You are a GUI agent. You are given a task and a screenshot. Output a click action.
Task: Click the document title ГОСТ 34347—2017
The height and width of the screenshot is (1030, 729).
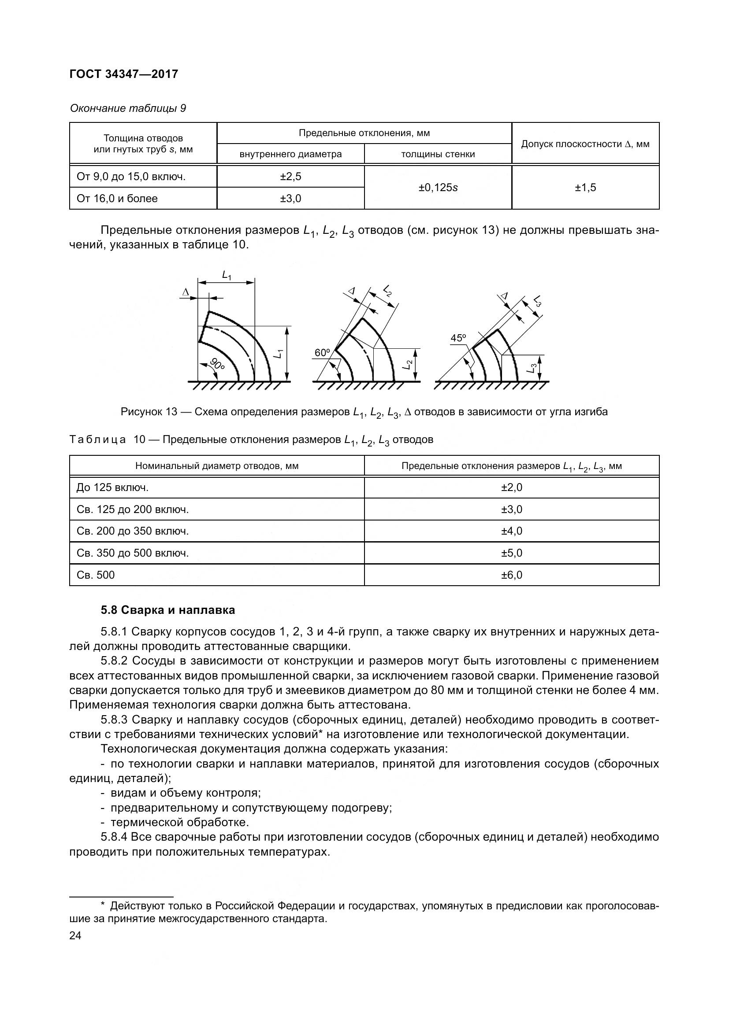pyautogui.click(x=124, y=74)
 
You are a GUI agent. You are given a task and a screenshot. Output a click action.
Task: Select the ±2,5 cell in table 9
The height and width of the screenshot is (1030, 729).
pyautogui.click(x=290, y=176)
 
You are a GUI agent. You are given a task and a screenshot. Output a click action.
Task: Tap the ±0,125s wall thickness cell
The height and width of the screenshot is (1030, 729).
pyautogui.click(x=438, y=188)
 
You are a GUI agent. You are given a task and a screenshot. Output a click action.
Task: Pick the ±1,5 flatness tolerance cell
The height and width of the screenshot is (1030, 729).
pyautogui.click(x=585, y=188)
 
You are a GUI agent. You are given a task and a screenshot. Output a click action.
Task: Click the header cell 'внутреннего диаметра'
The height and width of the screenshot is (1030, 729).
pyautogui.click(x=290, y=154)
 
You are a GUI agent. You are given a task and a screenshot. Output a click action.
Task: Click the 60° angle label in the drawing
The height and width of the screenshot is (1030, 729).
pyautogui.click(x=322, y=353)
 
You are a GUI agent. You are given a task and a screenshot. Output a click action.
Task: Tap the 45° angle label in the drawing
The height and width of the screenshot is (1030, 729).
pyautogui.click(x=458, y=338)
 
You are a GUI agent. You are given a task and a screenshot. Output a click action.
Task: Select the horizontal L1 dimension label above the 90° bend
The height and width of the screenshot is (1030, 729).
pyautogui.click(x=227, y=274)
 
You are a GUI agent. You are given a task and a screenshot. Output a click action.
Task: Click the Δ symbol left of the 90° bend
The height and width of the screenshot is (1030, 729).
pyautogui.click(x=186, y=292)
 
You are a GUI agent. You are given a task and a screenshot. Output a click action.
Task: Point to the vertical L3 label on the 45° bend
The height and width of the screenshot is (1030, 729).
pyautogui.click(x=532, y=368)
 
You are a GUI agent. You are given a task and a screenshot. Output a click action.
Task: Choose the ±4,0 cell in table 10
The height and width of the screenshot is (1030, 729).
pyautogui.click(x=512, y=531)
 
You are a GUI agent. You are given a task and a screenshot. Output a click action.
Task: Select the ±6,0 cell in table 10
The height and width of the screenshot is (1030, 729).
pyautogui.click(x=512, y=575)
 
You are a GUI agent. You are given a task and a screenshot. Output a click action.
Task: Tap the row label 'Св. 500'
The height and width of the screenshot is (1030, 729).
pyautogui.click(x=96, y=575)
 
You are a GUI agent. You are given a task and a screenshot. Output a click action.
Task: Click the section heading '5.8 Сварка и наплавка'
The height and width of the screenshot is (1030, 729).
pyautogui.click(x=167, y=610)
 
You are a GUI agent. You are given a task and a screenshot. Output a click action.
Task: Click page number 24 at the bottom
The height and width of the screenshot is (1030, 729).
pyautogui.click(x=75, y=936)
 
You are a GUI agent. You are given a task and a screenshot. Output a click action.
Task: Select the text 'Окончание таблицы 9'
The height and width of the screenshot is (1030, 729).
pyautogui.click(x=128, y=109)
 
